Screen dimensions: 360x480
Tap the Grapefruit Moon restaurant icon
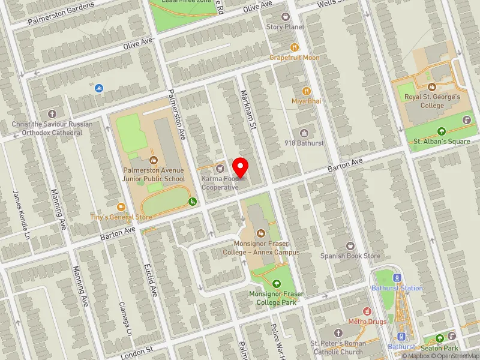[294, 47]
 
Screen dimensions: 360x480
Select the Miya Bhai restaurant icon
[307, 91]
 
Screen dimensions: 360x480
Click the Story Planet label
[286, 27]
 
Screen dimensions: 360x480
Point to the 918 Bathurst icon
[304, 133]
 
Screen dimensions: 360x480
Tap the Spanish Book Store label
[350, 256]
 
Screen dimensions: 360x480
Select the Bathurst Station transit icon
[395, 278]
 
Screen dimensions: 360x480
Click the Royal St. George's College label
[432, 101]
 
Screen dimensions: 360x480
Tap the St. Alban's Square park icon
[442, 131]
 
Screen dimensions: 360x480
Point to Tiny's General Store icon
[121, 207]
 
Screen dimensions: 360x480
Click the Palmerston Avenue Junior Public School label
[154, 174]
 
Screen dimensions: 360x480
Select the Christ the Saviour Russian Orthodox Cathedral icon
[52, 114]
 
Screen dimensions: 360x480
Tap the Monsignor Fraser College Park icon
[276, 284]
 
